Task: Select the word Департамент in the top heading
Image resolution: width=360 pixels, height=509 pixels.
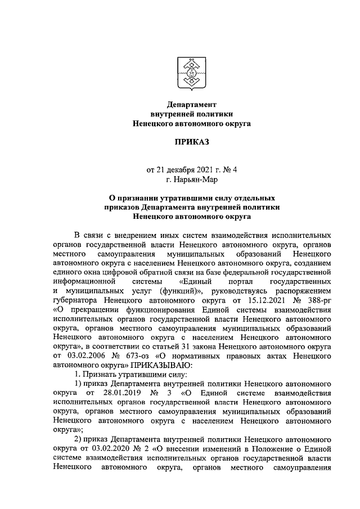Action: (191, 104)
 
